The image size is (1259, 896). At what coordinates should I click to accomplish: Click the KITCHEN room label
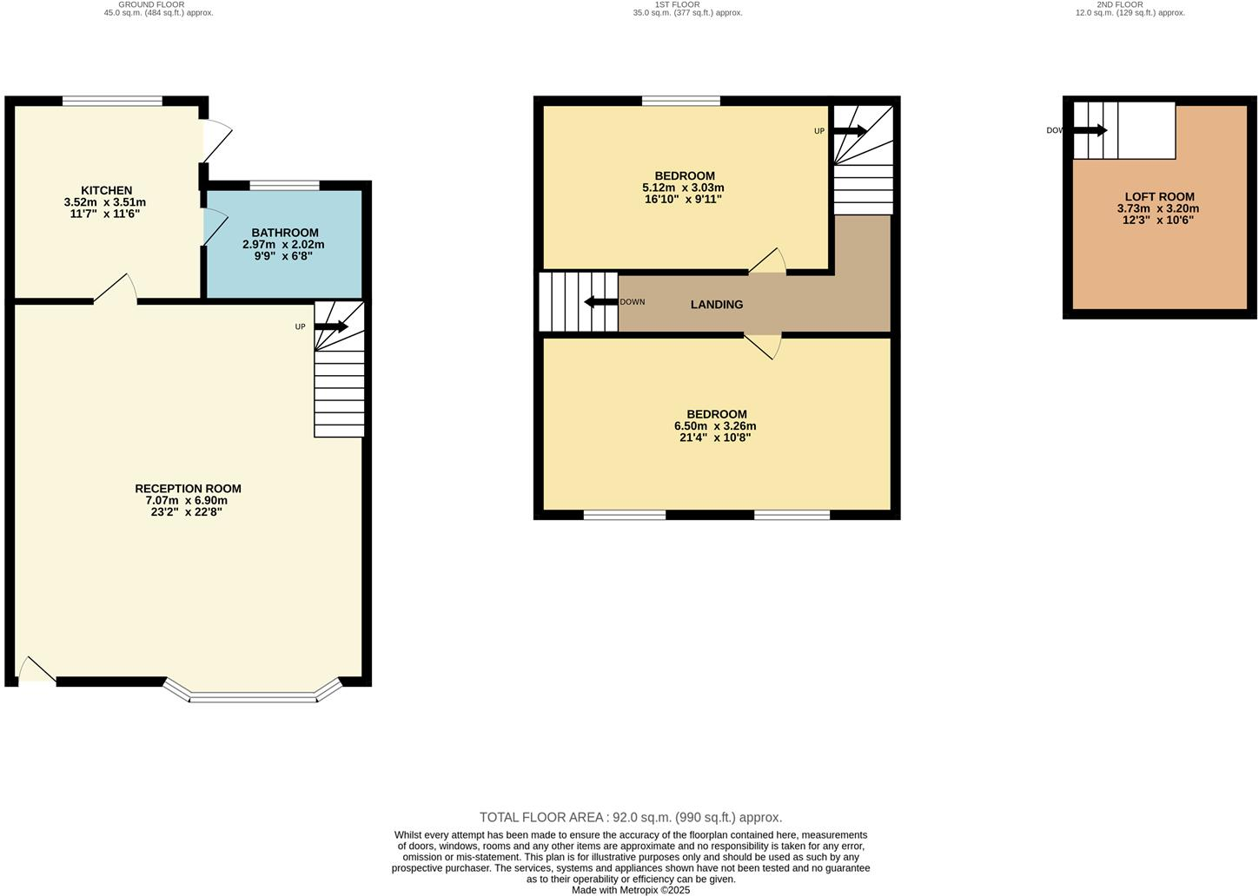click(x=106, y=190)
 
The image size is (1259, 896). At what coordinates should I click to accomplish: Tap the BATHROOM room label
click(x=285, y=233)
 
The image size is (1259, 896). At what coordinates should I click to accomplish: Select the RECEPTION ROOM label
click(x=188, y=489)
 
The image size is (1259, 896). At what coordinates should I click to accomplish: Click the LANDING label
click(x=717, y=305)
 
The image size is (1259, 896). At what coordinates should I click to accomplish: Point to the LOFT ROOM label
click(x=1159, y=197)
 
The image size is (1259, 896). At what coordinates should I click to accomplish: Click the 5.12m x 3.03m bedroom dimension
click(x=683, y=188)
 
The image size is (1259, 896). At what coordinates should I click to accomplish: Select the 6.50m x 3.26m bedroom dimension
click(x=715, y=426)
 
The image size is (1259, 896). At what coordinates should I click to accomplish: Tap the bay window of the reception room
click(x=253, y=695)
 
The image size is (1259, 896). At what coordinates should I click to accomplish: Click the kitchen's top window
click(x=112, y=101)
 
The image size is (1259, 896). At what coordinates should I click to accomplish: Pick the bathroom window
click(x=284, y=185)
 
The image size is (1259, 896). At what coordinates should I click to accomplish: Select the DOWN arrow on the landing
click(x=600, y=302)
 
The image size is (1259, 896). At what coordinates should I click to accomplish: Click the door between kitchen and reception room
click(x=116, y=291)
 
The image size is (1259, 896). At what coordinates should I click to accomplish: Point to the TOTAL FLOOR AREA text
click(x=630, y=817)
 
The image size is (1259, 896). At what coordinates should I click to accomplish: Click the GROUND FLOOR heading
click(x=151, y=4)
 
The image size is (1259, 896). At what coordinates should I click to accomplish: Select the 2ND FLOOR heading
click(x=1120, y=4)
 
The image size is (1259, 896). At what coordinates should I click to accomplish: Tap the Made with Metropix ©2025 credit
click(x=630, y=890)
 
